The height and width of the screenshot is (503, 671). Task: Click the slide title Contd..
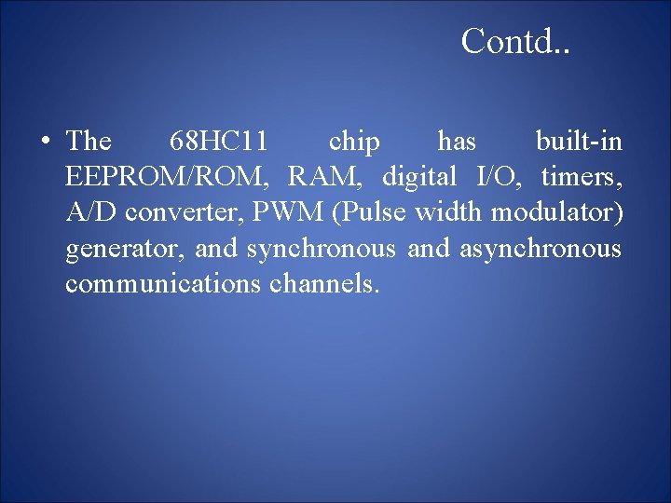[515, 41]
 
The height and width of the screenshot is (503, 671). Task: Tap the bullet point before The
[44, 143]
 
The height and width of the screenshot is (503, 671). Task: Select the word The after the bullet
[89, 142]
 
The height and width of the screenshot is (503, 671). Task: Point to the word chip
[354, 143]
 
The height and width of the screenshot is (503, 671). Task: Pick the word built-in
[579, 142]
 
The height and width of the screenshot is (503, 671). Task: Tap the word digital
[419, 177]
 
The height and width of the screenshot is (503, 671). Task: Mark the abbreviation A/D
[92, 212]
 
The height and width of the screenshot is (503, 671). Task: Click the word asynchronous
[540, 249]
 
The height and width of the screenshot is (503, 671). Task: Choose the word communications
[163, 284]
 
